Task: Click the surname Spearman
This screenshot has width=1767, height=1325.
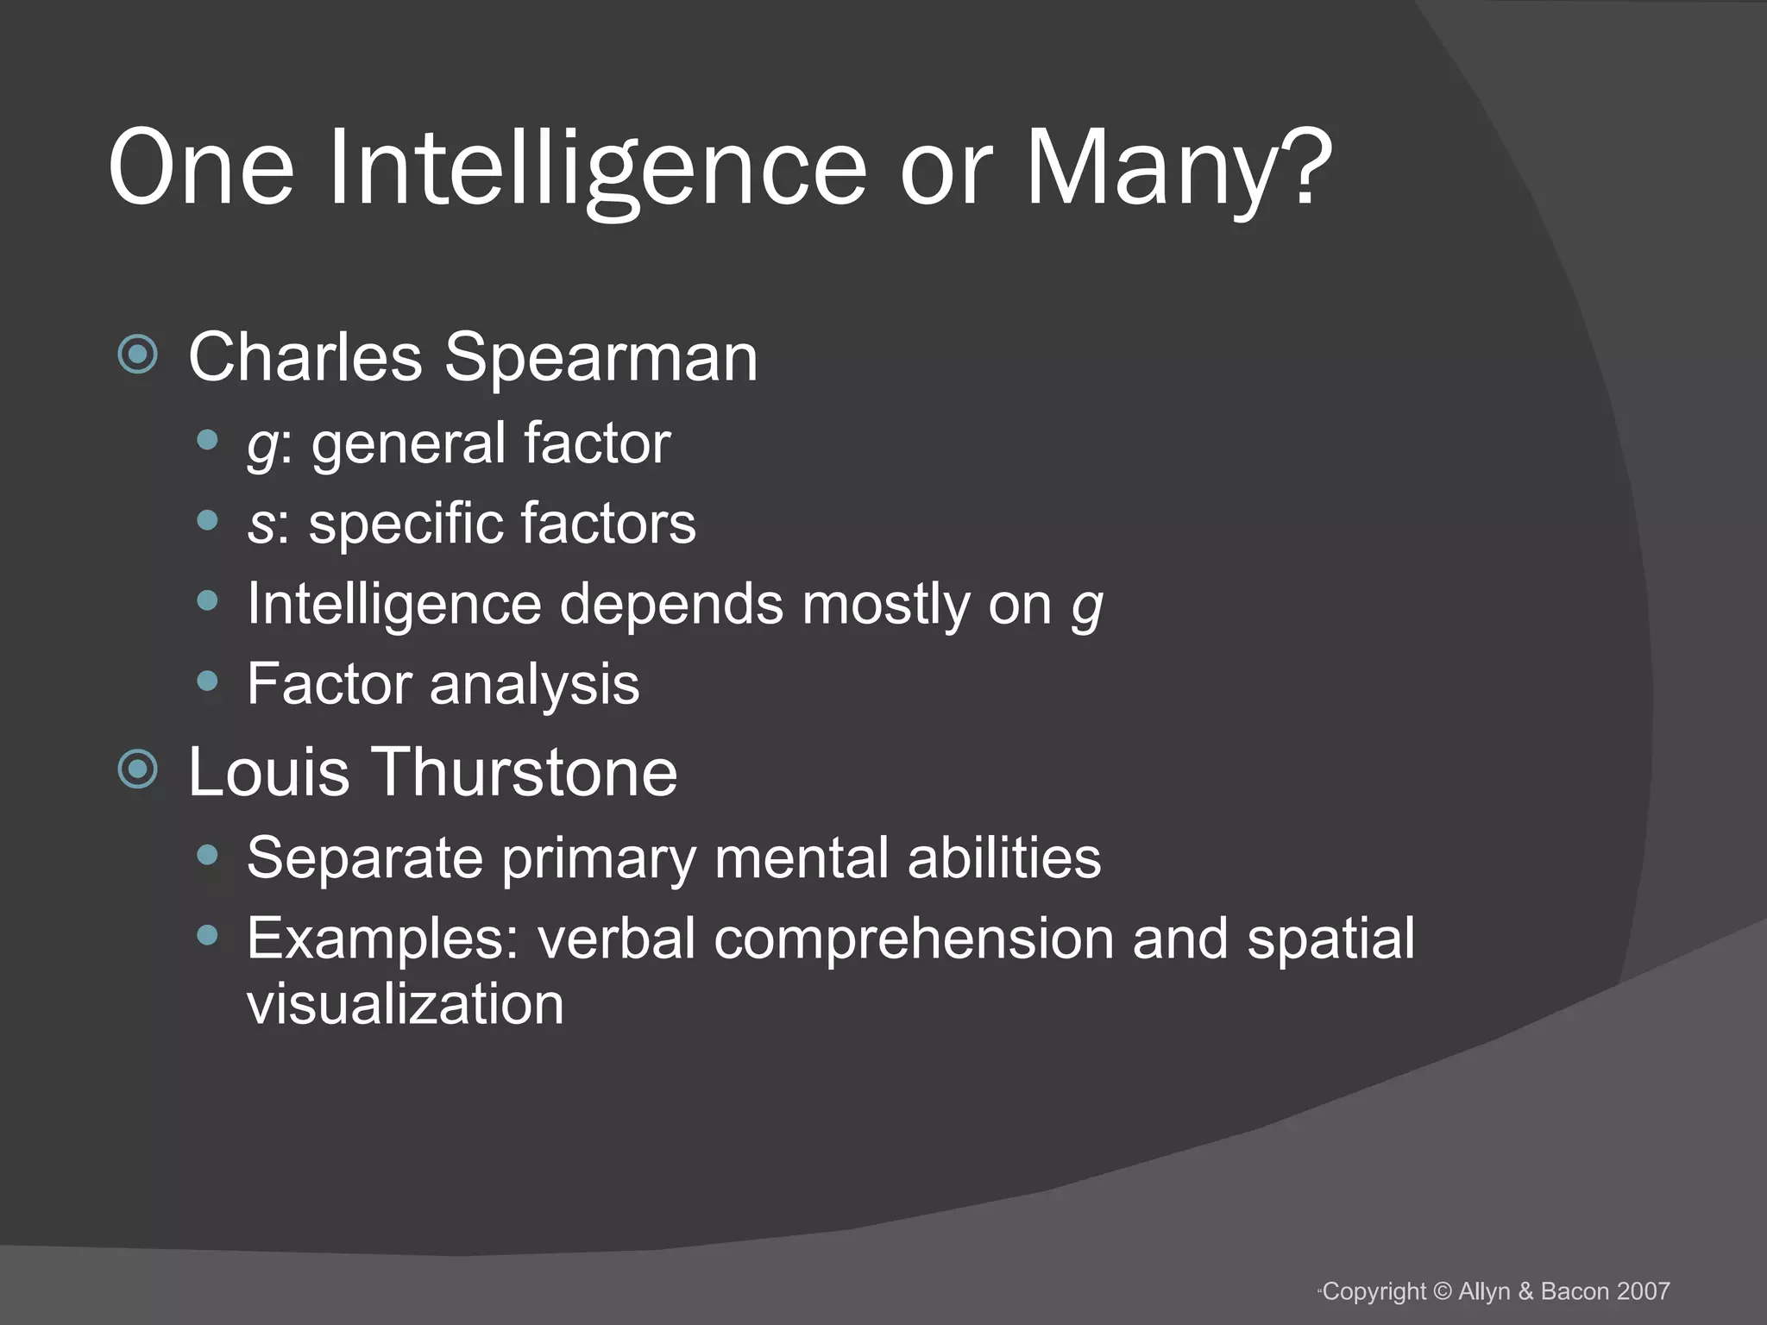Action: point(601,357)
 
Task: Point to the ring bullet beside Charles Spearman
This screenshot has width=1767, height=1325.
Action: point(138,354)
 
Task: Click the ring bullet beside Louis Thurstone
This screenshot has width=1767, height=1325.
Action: point(138,769)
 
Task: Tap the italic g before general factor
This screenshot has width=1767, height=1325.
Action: point(261,445)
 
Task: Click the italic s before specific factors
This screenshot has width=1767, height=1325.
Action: point(259,524)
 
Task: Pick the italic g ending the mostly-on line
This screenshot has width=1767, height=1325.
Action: point(1087,606)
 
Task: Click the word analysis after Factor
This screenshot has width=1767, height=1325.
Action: point(534,684)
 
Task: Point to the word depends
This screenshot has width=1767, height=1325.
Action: point(672,604)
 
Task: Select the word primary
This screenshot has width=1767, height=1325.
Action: point(598,859)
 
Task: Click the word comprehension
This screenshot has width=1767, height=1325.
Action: point(913,939)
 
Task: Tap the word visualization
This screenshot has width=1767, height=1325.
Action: point(405,1004)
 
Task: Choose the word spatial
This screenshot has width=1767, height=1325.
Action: point(1330,939)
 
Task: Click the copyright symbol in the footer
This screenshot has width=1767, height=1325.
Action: point(1442,1291)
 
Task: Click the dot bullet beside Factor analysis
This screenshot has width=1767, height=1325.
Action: point(207,681)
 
